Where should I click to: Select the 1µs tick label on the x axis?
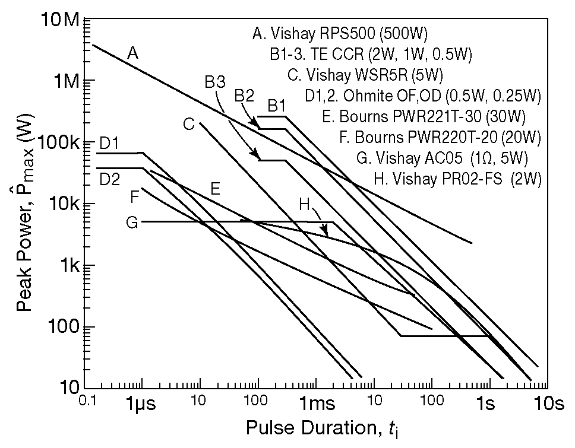click(x=141, y=405)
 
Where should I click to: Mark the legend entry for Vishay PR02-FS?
click(x=458, y=178)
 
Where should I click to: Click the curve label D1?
click(x=109, y=143)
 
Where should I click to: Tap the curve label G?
click(x=132, y=223)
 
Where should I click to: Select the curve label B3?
click(x=214, y=83)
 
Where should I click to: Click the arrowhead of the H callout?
click(x=325, y=233)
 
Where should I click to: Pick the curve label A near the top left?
click(x=133, y=54)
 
